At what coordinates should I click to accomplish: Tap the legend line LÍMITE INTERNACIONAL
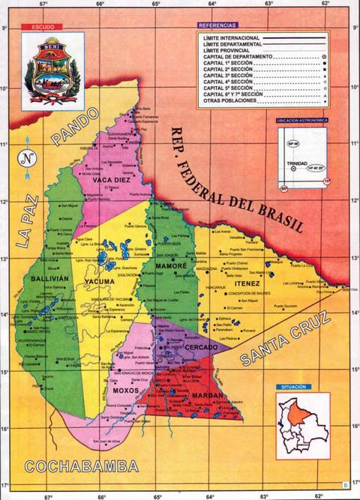[230, 37]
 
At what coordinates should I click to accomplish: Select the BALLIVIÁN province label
[50, 277]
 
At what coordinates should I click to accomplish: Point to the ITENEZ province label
[245, 284]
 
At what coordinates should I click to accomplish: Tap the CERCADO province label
[202, 348]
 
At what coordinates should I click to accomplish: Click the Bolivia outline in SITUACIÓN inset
[302, 428]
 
